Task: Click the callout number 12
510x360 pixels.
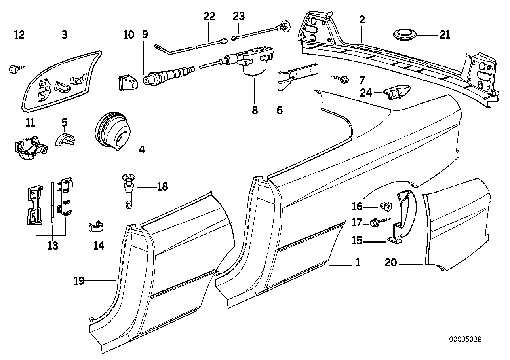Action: point(19,35)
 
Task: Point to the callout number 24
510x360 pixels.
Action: point(366,93)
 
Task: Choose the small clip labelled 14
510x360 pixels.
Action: point(95,229)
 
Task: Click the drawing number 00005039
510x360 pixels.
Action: point(465,339)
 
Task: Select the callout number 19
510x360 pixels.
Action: point(79,281)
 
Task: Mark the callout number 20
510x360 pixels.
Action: point(391,262)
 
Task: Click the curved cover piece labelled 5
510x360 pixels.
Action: point(65,139)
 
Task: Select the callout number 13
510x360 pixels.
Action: point(52,246)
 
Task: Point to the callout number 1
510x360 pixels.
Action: point(357,262)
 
